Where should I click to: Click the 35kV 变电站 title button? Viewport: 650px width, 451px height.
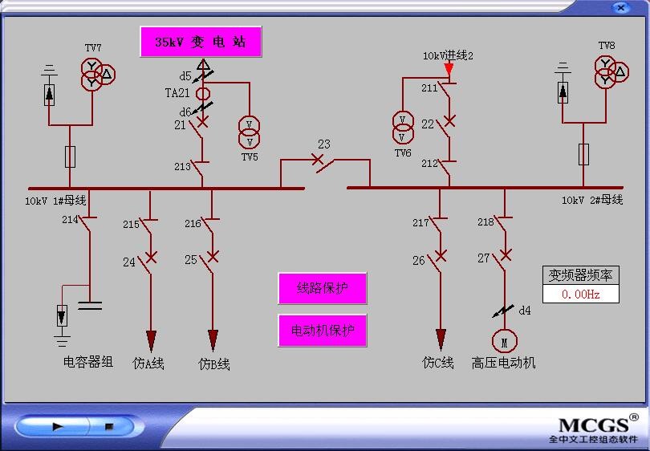201,42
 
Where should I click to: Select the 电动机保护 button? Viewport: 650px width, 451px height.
322,330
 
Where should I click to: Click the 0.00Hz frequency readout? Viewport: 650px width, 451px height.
580,294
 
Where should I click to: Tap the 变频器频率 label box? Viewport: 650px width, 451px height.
580,275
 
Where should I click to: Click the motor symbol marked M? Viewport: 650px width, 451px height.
505,343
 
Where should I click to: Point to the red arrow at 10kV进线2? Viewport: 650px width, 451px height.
449,70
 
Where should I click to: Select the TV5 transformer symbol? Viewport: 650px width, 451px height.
250,128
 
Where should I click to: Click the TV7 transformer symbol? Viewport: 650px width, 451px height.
95,73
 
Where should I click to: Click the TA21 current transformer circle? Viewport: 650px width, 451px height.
203,94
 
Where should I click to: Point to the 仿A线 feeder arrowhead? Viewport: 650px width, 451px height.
150,340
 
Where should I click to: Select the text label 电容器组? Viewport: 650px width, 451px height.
88,363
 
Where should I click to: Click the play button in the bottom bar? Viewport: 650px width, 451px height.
58,427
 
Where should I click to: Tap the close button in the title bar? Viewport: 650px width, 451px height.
620,7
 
